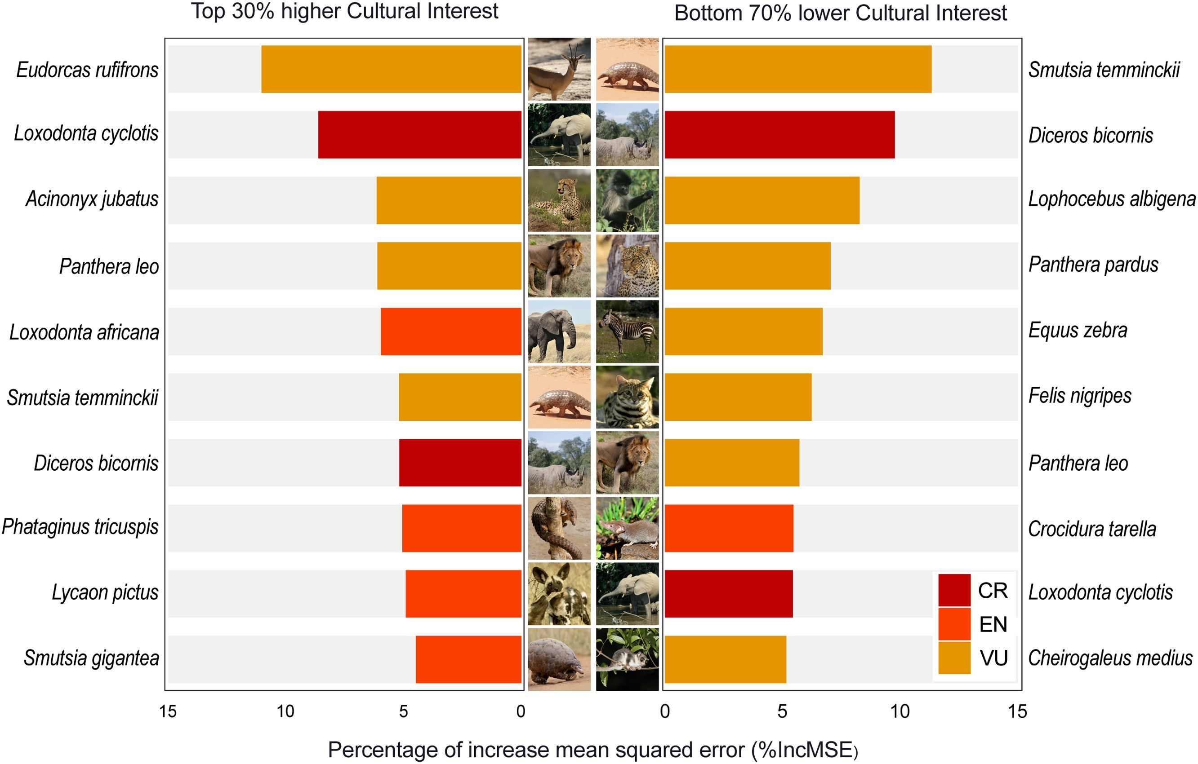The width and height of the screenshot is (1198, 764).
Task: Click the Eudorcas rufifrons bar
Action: click(x=391, y=69)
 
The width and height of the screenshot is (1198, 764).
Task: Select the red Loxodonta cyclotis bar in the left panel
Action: click(x=419, y=135)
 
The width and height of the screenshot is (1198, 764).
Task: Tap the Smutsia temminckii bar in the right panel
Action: click(x=798, y=69)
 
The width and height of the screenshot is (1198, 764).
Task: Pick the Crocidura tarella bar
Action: click(x=729, y=528)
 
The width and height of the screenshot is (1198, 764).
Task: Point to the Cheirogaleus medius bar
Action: click(x=726, y=660)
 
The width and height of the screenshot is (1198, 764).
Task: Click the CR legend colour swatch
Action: click(x=954, y=590)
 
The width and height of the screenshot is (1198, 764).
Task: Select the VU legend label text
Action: click(x=993, y=658)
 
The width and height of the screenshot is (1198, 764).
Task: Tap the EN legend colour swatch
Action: click(x=954, y=624)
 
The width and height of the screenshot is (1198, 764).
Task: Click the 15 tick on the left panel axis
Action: click(x=168, y=712)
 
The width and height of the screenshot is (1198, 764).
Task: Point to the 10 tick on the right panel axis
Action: click(x=900, y=712)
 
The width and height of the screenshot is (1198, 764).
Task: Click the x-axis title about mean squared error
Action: click(x=593, y=750)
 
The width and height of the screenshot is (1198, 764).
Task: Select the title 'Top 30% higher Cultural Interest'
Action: click(x=345, y=11)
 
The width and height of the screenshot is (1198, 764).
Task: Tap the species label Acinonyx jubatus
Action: click(x=92, y=199)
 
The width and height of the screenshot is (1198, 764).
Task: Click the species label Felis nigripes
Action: click(x=1080, y=396)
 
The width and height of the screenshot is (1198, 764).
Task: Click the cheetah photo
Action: click(x=559, y=200)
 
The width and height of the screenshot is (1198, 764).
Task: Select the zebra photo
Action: click(x=628, y=331)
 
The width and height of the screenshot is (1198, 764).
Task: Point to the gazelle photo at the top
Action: click(x=559, y=69)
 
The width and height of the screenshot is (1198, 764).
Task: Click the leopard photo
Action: click(x=628, y=266)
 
